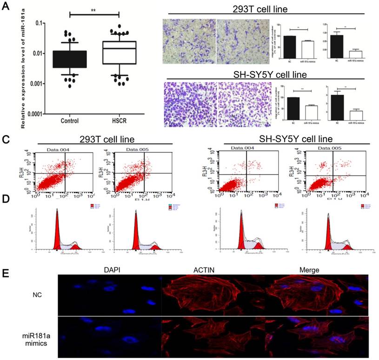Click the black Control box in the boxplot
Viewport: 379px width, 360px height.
click(x=70, y=59)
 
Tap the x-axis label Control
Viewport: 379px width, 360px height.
click(x=70, y=121)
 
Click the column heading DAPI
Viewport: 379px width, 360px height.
click(x=110, y=268)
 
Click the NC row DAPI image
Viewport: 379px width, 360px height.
click(x=109, y=295)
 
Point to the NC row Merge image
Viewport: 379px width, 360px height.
click(x=314, y=295)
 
